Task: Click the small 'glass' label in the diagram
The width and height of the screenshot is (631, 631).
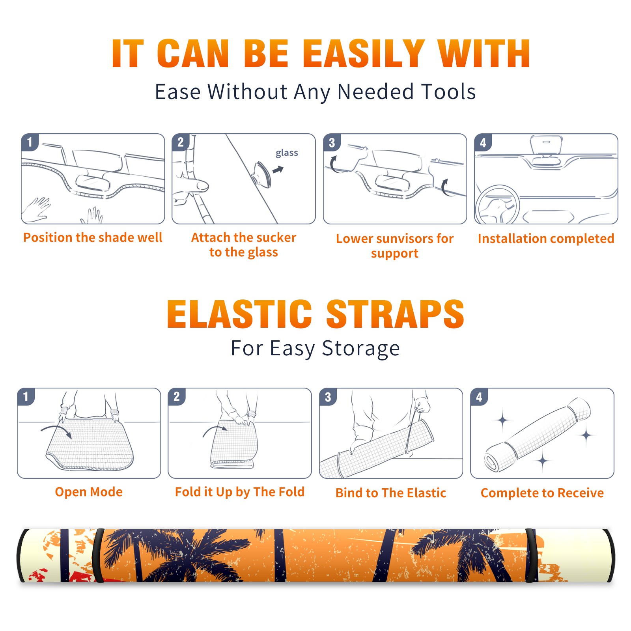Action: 287,153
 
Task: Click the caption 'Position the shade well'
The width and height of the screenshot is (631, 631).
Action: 93,237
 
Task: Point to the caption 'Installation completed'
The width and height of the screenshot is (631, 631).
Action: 546,238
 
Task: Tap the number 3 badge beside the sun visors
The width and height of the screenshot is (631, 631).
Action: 332,142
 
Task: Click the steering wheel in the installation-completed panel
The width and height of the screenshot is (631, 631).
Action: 497,205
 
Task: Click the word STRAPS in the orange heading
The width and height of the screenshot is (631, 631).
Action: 395,314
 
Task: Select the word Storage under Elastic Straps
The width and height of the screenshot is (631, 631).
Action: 361,349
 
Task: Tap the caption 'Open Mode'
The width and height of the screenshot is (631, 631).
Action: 89,492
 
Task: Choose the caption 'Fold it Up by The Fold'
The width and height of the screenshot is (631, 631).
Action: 240,492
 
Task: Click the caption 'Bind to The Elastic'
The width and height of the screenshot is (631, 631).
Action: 391,493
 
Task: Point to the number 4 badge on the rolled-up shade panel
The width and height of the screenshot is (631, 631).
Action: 479,397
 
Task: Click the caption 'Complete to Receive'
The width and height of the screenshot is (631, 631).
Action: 542,493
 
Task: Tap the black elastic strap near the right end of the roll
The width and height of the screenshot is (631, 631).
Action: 531,556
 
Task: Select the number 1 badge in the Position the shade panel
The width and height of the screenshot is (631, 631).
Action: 30,142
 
